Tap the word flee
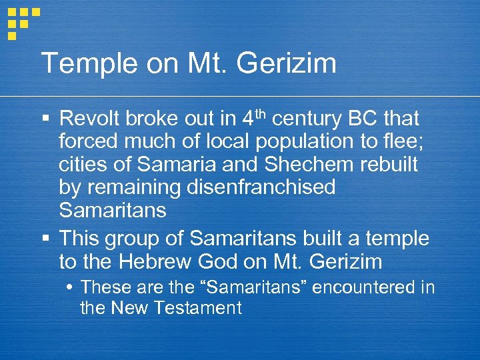click(x=394, y=142)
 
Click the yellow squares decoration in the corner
click(x=22, y=21)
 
